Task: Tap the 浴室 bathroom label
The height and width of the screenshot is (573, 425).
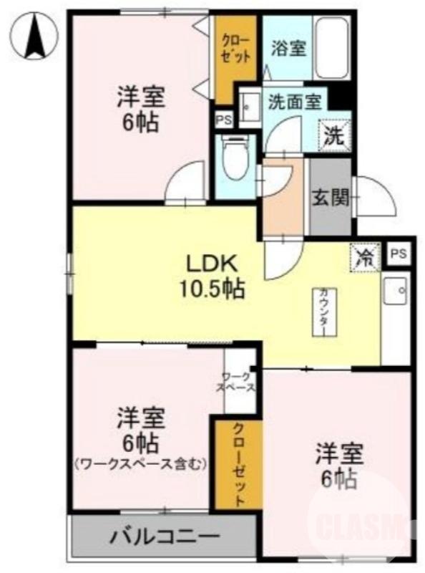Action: pyautogui.click(x=289, y=48)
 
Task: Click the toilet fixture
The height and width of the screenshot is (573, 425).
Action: pyautogui.click(x=234, y=158)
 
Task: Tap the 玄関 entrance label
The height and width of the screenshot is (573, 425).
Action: pyautogui.click(x=329, y=197)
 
